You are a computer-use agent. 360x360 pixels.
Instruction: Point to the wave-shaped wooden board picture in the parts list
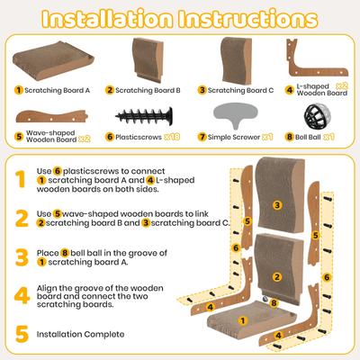pos(49,114)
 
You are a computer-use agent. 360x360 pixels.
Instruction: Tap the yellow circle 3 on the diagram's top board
pos(277,205)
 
